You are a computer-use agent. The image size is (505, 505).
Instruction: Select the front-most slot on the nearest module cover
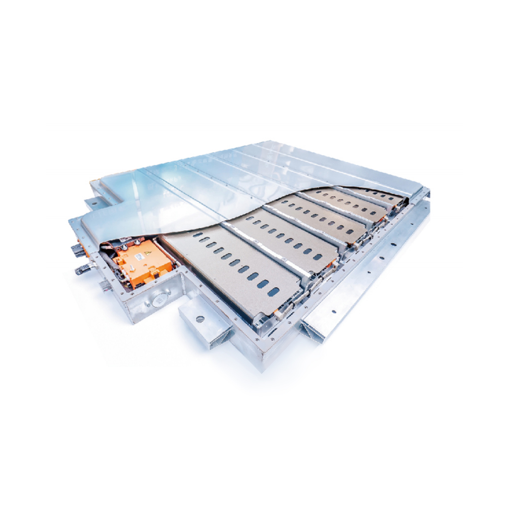click(x=273, y=291)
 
